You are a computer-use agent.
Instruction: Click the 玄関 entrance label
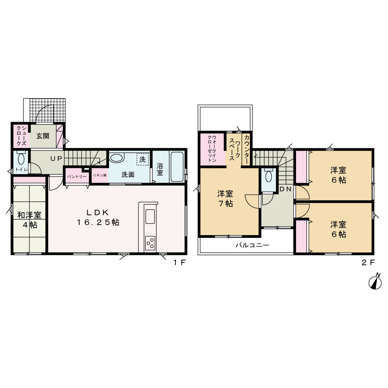point(43,136)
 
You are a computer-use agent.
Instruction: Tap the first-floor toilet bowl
point(21,159)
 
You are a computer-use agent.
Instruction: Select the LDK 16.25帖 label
point(98,217)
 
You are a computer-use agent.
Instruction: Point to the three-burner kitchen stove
point(150,243)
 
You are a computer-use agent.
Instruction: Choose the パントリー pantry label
point(77,177)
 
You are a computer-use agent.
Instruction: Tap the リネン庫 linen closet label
point(99,175)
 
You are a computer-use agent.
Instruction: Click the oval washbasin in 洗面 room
point(116,158)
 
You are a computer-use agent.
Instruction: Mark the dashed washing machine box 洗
point(142,159)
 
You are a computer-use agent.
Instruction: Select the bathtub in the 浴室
point(177,166)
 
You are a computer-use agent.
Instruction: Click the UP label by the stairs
point(56,159)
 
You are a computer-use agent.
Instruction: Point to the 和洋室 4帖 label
point(29,220)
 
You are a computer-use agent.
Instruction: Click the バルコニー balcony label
point(252,245)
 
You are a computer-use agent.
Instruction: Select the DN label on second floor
point(285,189)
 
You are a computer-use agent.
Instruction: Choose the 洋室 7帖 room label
point(225,198)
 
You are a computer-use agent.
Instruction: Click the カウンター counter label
point(246,150)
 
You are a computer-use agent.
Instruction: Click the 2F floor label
point(368,262)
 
